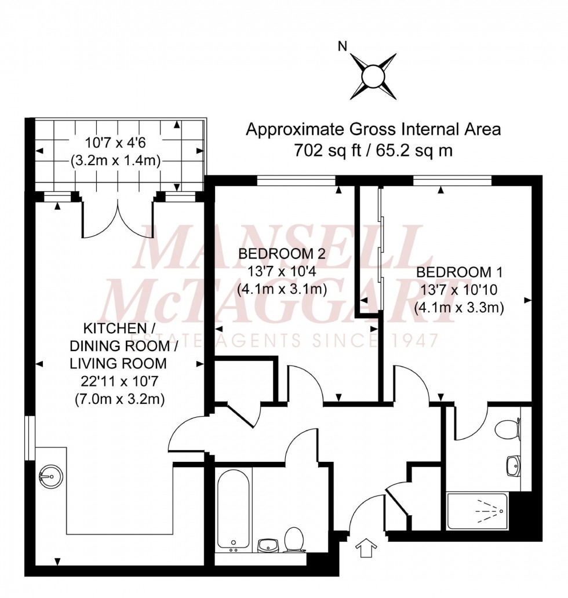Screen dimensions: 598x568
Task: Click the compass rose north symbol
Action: (373, 75)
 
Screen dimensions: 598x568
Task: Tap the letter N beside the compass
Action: (342, 47)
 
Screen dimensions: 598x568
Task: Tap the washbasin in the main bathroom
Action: (267, 545)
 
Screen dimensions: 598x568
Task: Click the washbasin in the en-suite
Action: (513, 464)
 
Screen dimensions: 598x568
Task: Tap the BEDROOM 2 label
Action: (281, 254)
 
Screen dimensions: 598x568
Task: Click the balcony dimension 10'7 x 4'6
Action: (116, 142)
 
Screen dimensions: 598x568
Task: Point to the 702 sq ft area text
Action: (373, 150)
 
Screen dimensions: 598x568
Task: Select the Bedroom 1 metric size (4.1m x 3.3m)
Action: (458, 308)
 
